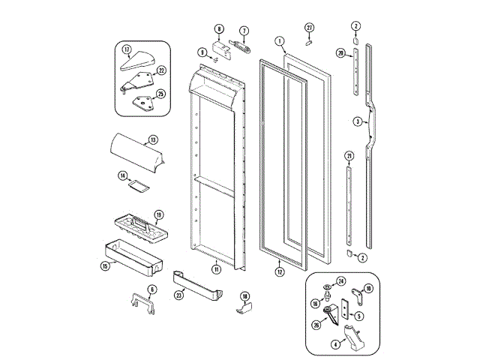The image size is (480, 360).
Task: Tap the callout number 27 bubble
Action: click(309, 28)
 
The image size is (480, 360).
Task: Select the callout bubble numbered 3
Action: click(358, 121)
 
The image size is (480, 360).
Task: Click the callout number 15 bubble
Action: click(105, 265)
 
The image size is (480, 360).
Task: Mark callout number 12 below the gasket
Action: click(279, 272)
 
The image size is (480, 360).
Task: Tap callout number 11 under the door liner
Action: click(216, 269)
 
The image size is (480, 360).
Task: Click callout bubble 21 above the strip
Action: click(349, 155)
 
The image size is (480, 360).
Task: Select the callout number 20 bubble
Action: click(340, 53)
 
